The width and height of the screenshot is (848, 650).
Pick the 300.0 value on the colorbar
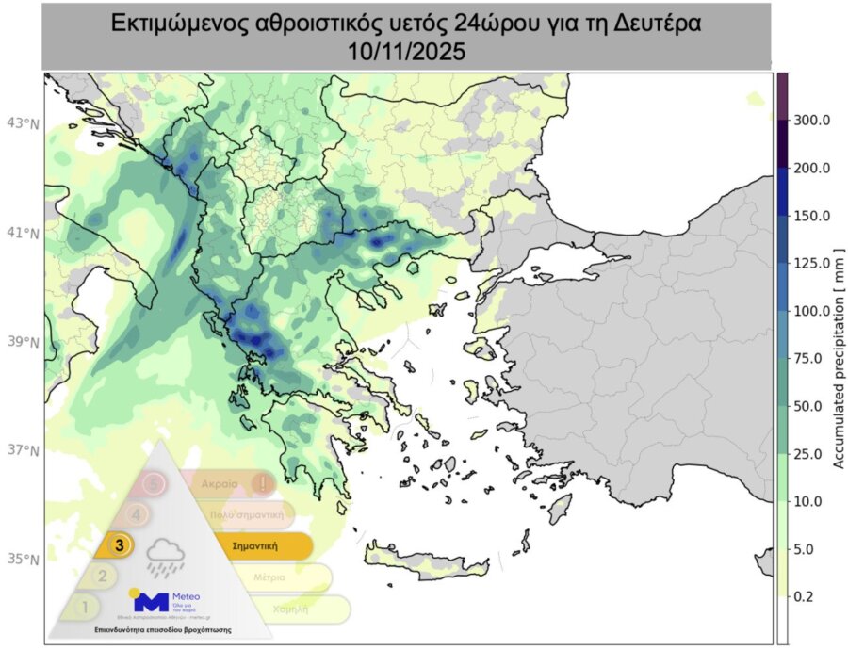(812, 121)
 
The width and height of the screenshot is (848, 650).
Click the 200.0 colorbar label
(812, 169)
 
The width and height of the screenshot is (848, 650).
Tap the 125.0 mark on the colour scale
(812, 263)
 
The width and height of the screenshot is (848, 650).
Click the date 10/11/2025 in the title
(406, 53)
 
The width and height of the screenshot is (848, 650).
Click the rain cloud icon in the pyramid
(166, 557)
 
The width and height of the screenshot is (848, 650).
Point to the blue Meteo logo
(152, 600)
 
